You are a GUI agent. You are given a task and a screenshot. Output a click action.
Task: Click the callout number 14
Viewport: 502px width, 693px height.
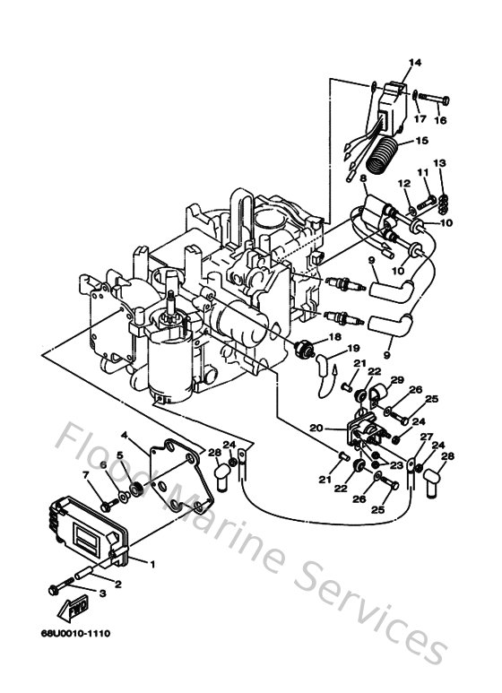(414, 63)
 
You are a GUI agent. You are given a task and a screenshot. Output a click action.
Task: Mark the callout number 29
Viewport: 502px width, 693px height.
(395, 380)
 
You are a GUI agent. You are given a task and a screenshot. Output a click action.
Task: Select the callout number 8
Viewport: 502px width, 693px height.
(362, 179)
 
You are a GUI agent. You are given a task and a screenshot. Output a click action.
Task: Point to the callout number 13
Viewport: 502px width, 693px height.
(439, 162)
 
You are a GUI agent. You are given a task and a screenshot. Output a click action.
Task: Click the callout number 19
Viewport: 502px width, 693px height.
(353, 349)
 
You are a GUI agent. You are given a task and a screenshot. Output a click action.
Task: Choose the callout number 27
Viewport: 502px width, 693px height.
(427, 437)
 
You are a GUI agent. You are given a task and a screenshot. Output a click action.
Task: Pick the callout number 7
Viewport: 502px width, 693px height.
(87, 475)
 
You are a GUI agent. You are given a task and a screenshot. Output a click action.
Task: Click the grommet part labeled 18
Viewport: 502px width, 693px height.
(304, 348)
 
